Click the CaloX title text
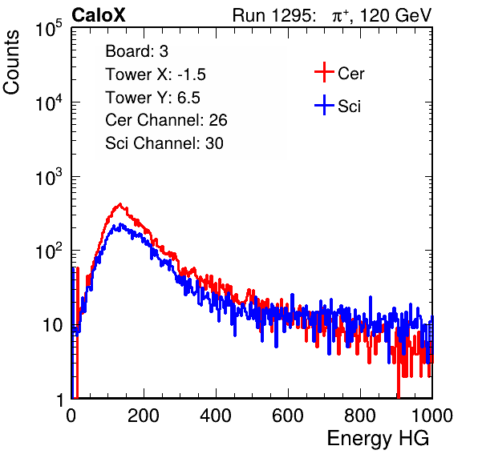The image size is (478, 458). [98, 15]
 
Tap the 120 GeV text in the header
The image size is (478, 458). [395, 15]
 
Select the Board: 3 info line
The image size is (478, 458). [136, 51]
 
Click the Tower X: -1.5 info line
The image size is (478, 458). [156, 74]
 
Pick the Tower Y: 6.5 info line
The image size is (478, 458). [152, 98]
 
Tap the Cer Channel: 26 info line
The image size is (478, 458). [166, 120]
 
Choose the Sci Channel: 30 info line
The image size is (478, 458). [164, 143]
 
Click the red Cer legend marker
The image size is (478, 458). [324, 72]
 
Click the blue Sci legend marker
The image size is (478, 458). [324, 106]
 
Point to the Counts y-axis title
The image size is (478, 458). [11, 62]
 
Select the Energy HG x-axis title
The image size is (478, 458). [378, 439]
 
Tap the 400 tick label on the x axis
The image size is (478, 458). [216, 416]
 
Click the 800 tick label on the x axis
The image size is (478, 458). [360, 416]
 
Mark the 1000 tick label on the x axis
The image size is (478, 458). [432, 416]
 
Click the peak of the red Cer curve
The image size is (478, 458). [119, 204]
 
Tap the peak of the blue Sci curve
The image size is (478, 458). [121, 224]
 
